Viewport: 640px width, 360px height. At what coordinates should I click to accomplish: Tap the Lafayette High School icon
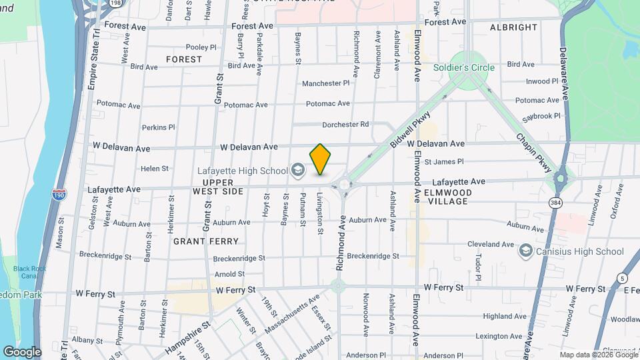pyautogui.click(x=298, y=171)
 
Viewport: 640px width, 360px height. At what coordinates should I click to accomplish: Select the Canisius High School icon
pyautogui.click(x=526, y=251)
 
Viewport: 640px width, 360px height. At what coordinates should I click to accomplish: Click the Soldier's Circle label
pyautogui.click(x=464, y=67)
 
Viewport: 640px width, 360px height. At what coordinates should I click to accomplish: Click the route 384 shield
pyautogui.click(x=555, y=201)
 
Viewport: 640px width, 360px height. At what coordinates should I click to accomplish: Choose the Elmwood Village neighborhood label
pyautogui.click(x=449, y=197)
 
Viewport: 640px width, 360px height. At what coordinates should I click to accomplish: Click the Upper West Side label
pyautogui.click(x=218, y=187)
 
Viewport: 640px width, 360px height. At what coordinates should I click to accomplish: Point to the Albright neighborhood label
pyautogui.click(x=513, y=27)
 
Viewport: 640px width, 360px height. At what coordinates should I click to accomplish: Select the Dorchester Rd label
pyautogui.click(x=345, y=124)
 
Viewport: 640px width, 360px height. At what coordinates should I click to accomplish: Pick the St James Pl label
pyautogui.click(x=439, y=161)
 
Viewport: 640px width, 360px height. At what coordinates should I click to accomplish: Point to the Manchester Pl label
pyautogui.click(x=325, y=83)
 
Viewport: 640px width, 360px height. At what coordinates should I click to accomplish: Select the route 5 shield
pyautogui.click(x=621, y=278)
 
